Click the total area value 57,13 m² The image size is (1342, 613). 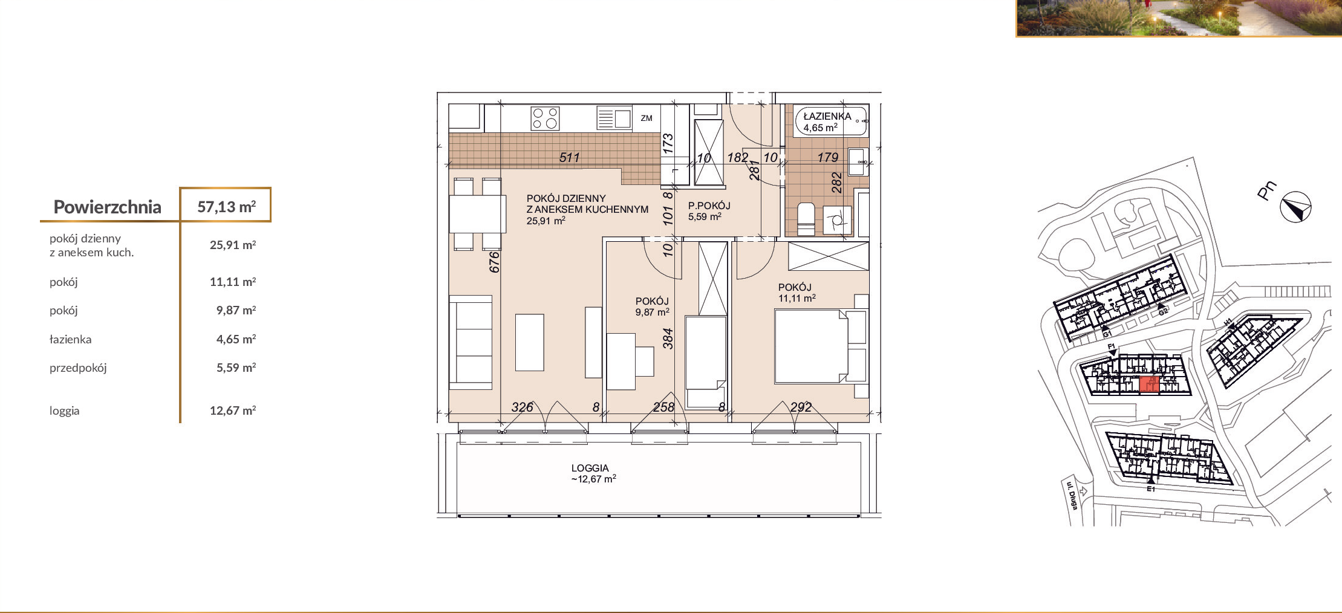coord(227,207)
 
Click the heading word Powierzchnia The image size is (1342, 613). coord(107,207)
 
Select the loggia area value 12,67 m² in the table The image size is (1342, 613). coord(233,410)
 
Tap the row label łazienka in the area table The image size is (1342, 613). coord(70,339)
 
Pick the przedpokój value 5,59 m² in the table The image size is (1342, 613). coord(236,368)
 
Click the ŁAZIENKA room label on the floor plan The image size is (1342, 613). coord(827,116)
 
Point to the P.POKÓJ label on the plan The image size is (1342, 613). coord(709,206)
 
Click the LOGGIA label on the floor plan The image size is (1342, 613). coord(590,468)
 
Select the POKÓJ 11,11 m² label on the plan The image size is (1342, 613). coord(796,293)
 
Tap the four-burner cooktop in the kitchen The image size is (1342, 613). coord(545,118)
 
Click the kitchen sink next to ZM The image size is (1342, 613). coord(614,118)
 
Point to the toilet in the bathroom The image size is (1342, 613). coord(806,219)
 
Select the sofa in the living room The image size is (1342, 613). coord(471,342)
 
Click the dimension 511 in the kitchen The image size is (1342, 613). coord(569,158)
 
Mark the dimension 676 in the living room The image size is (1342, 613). coord(495,262)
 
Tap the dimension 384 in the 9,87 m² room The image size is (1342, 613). coord(668,339)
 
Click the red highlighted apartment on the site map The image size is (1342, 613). coord(1149,384)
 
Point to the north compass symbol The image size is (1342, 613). coord(1295,207)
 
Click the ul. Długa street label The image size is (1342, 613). coord(1072,495)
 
